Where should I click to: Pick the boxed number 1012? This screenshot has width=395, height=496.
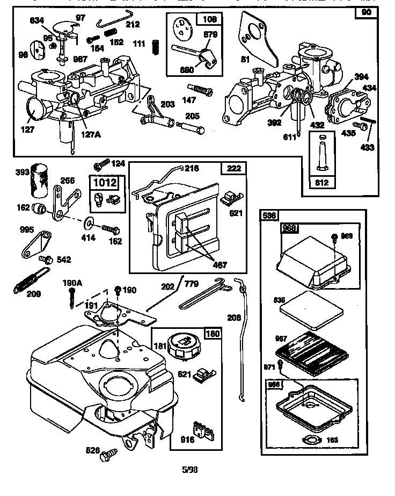pos(105,182)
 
